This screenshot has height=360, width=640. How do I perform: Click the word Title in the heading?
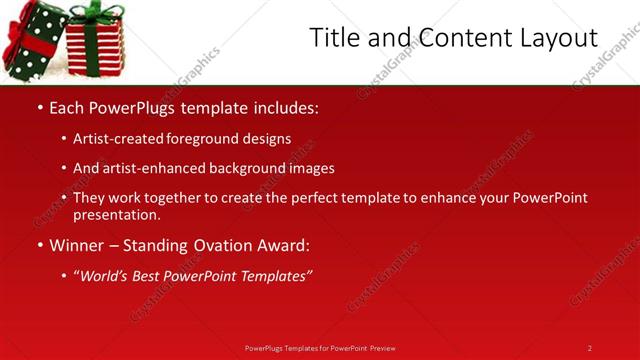click(332, 37)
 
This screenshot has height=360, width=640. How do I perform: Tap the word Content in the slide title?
click(456, 37)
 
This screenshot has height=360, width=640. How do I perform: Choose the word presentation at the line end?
click(116, 215)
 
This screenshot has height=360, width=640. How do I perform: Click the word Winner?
click(76, 245)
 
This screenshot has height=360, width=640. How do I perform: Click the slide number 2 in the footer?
click(589, 348)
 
